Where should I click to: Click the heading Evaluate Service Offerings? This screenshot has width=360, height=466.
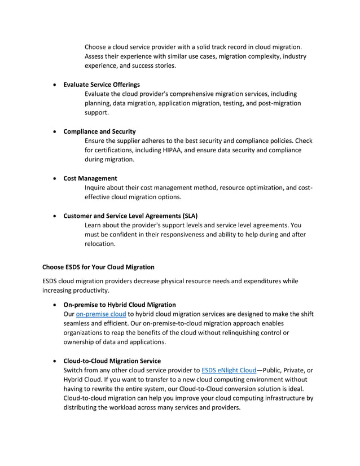click(x=102, y=85)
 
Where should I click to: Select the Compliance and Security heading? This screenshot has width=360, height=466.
click(x=99, y=131)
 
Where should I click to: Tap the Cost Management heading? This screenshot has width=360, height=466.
click(x=90, y=178)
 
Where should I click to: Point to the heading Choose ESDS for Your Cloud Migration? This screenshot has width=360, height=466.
click(x=98, y=267)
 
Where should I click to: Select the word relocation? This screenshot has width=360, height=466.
click(x=100, y=244)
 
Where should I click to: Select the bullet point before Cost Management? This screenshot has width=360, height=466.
click(x=54, y=179)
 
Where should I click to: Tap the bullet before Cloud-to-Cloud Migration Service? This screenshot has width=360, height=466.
click(x=54, y=361)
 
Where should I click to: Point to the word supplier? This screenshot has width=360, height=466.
click(x=131, y=140)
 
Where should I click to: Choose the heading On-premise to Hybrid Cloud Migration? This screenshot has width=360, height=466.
click(x=120, y=305)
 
